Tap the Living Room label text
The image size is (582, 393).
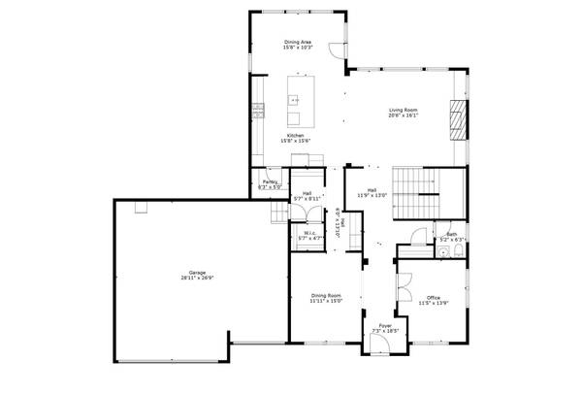pos(404,111)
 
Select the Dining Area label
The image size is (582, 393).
pos(298,42)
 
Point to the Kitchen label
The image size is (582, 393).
pos(296,135)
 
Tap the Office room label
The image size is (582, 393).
pos(433,297)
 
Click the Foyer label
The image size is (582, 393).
pos(385,325)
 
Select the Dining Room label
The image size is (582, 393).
pos(326,294)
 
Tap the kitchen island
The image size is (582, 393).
pos(298,96)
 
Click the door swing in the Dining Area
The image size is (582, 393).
pos(335,52)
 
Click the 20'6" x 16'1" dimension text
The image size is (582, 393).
pos(404,116)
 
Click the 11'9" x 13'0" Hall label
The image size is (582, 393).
pos(372,193)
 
